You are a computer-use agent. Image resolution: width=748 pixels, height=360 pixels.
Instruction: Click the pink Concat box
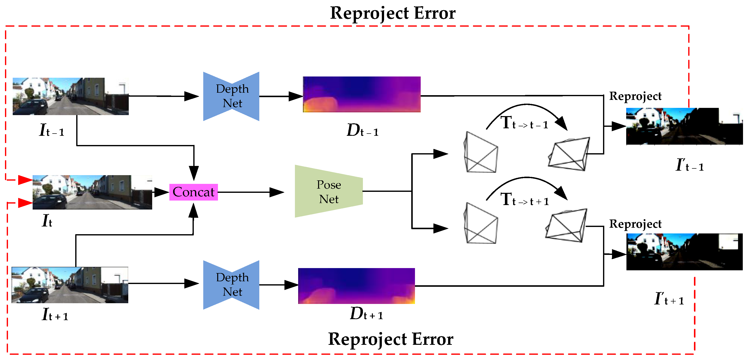click(193, 192)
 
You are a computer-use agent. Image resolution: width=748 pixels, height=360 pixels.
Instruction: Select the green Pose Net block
click(329, 191)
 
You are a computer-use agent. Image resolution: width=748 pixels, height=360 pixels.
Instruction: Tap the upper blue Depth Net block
click(231, 96)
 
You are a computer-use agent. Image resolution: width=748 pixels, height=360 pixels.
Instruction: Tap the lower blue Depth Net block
click(231, 285)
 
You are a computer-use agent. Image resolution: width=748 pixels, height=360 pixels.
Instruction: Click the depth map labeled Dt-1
click(361, 94)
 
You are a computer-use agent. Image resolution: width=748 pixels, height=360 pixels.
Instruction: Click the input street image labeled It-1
click(70, 96)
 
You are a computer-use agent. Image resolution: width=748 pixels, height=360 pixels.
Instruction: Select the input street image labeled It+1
click(70, 285)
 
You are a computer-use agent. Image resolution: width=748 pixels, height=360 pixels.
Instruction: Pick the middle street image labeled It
click(92, 192)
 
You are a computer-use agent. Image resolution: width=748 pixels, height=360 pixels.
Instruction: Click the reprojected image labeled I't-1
click(684, 126)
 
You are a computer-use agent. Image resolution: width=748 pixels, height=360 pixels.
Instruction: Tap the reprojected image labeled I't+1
click(684, 252)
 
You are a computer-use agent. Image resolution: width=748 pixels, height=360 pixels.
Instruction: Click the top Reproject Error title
click(393, 13)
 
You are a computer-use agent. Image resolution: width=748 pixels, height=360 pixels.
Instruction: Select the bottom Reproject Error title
click(391, 339)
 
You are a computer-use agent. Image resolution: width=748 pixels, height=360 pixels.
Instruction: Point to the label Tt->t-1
click(524, 123)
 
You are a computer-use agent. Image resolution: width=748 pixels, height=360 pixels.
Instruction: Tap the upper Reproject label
click(635, 96)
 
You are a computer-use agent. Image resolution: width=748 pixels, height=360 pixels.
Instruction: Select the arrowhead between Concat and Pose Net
click(277, 192)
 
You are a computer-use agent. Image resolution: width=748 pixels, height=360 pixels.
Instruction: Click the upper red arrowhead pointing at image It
click(25, 180)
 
